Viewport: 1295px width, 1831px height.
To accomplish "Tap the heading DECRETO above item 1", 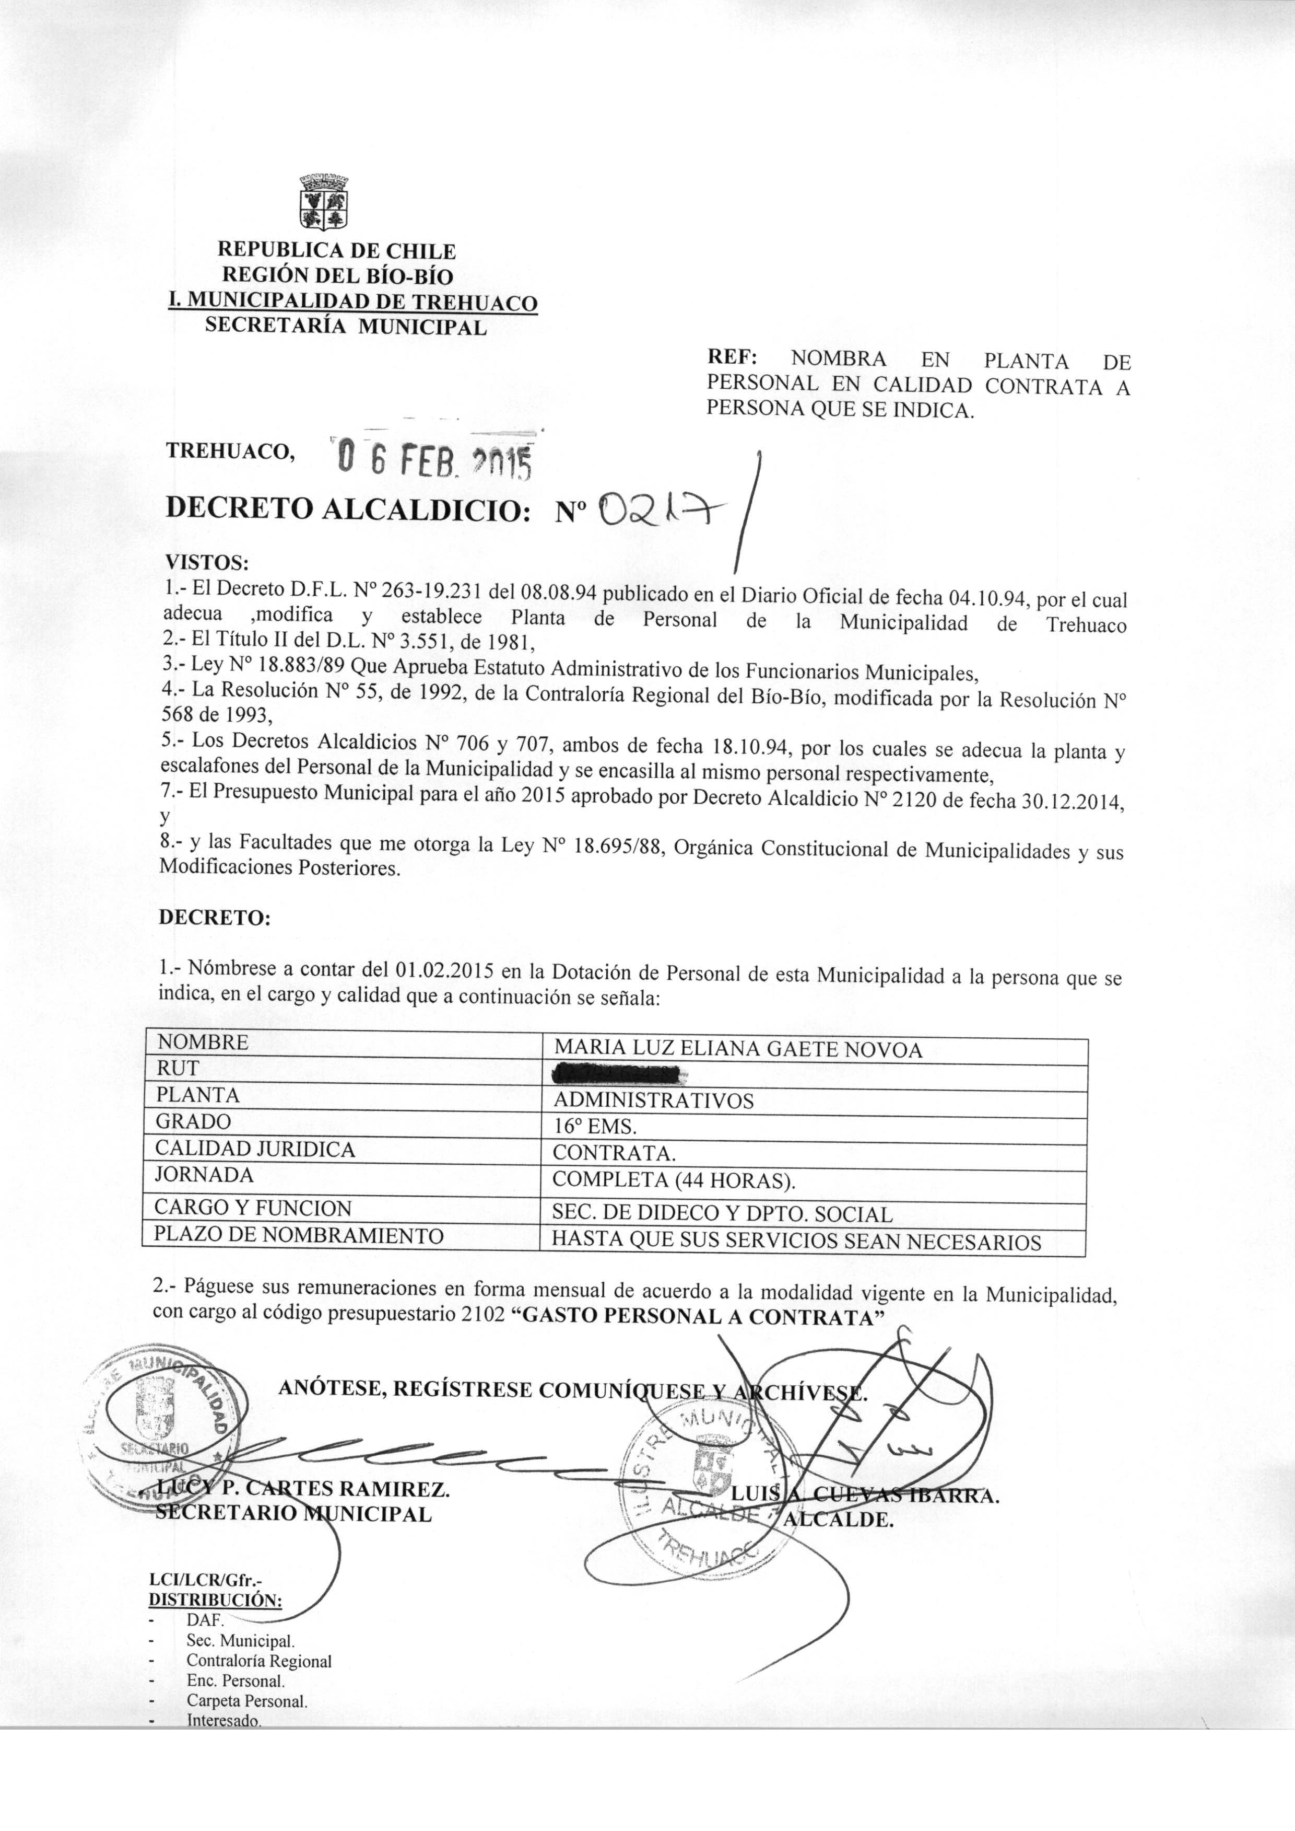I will pyautogui.click(x=215, y=918).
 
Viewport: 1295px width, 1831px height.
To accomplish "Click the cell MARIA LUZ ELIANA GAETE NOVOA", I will pyautogui.click(x=738, y=1050).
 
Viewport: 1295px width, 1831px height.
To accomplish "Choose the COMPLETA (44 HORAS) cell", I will pyautogui.click(x=674, y=1180).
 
